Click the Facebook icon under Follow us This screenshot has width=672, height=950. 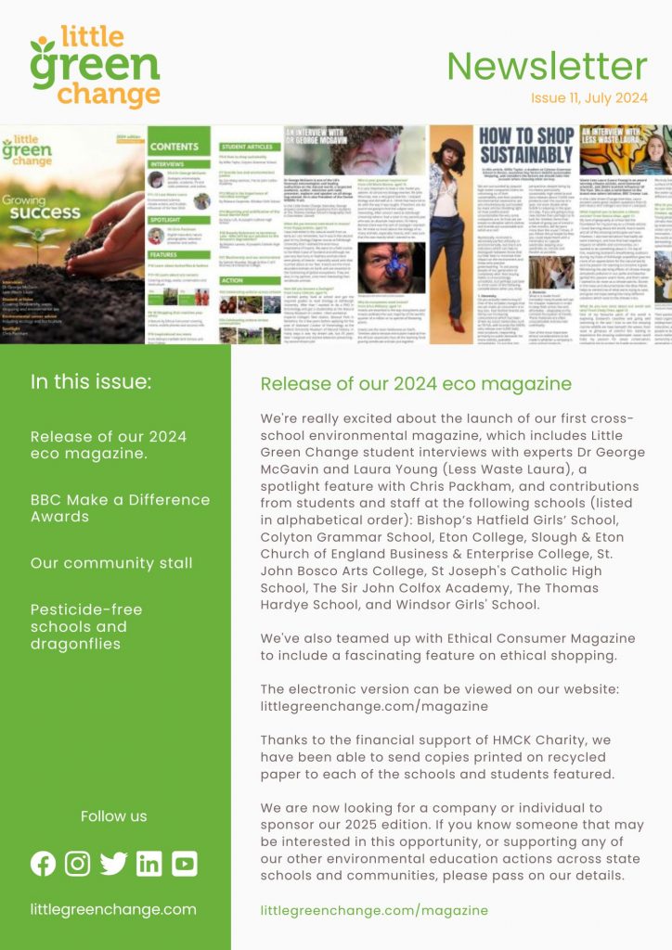[43, 863]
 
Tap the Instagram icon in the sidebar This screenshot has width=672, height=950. [78, 863]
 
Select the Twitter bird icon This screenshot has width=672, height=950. [113, 863]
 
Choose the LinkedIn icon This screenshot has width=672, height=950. [149, 863]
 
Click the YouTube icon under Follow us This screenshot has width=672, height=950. [184, 863]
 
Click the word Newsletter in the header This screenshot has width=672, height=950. [547, 67]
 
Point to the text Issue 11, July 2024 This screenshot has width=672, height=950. [588, 99]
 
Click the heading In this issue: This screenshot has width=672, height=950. [90, 382]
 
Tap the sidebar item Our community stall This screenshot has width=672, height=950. [111, 563]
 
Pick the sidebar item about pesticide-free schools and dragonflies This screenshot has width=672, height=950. [86, 626]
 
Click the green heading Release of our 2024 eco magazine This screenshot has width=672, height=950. [416, 384]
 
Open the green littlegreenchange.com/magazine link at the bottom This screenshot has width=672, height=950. [374, 910]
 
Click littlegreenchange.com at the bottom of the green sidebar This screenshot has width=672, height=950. [113, 909]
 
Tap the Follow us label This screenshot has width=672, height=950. [113, 816]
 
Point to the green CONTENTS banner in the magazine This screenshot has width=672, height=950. [174, 147]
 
